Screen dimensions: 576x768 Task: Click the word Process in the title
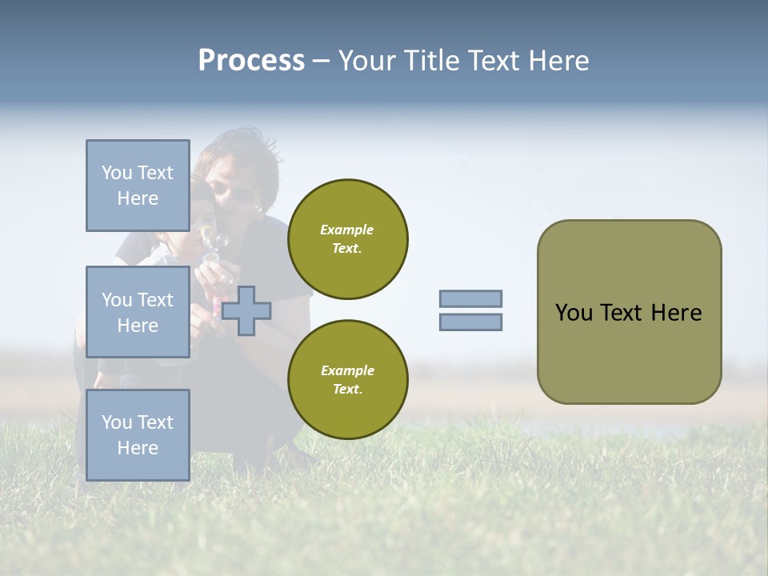pos(251,61)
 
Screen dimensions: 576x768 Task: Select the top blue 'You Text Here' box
pos(138,186)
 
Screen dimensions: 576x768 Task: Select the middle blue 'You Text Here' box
pos(138,312)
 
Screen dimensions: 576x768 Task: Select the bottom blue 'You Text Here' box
pos(138,434)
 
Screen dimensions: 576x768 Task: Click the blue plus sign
pos(246,310)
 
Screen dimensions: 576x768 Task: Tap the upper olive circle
pos(347,239)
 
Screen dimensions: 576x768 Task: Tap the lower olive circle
pos(347,380)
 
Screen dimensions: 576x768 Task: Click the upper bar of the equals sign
pos(470,298)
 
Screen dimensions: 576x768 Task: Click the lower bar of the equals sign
pos(470,322)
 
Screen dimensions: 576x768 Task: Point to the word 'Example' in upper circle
pos(347,230)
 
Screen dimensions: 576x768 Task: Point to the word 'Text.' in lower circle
pos(347,390)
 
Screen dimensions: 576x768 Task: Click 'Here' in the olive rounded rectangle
pos(677,313)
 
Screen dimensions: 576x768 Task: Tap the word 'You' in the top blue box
pos(117,173)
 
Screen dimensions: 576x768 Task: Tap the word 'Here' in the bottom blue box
pos(138,448)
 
